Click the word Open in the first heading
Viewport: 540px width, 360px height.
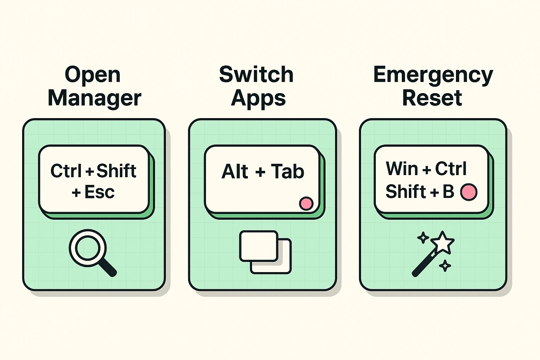(x=92, y=75)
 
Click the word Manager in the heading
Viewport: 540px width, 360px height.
(x=94, y=98)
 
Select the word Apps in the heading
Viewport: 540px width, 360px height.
(x=258, y=98)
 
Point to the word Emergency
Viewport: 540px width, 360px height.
(x=433, y=75)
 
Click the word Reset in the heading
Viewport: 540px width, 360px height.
(x=432, y=98)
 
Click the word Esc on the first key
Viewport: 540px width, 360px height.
(x=99, y=192)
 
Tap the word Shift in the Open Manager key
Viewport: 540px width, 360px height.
(x=116, y=171)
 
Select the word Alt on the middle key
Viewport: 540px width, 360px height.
(x=234, y=172)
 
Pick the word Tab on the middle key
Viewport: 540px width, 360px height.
(x=287, y=172)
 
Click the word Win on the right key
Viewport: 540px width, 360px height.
(x=401, y=169)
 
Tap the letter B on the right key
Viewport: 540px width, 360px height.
(x=448, y=192)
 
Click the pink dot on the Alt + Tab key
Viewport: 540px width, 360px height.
(x=306, y=204)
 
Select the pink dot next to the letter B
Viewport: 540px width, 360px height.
(x=469, y=192)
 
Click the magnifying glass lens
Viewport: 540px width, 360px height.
(x=88, y=247)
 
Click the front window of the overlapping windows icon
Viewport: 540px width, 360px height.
(x=259, y=246)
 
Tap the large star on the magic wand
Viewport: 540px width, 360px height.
(x=442, y=242)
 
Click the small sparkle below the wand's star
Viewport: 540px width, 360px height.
(x=445, y=266)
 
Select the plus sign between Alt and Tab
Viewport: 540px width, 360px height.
(x=260, y=172)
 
